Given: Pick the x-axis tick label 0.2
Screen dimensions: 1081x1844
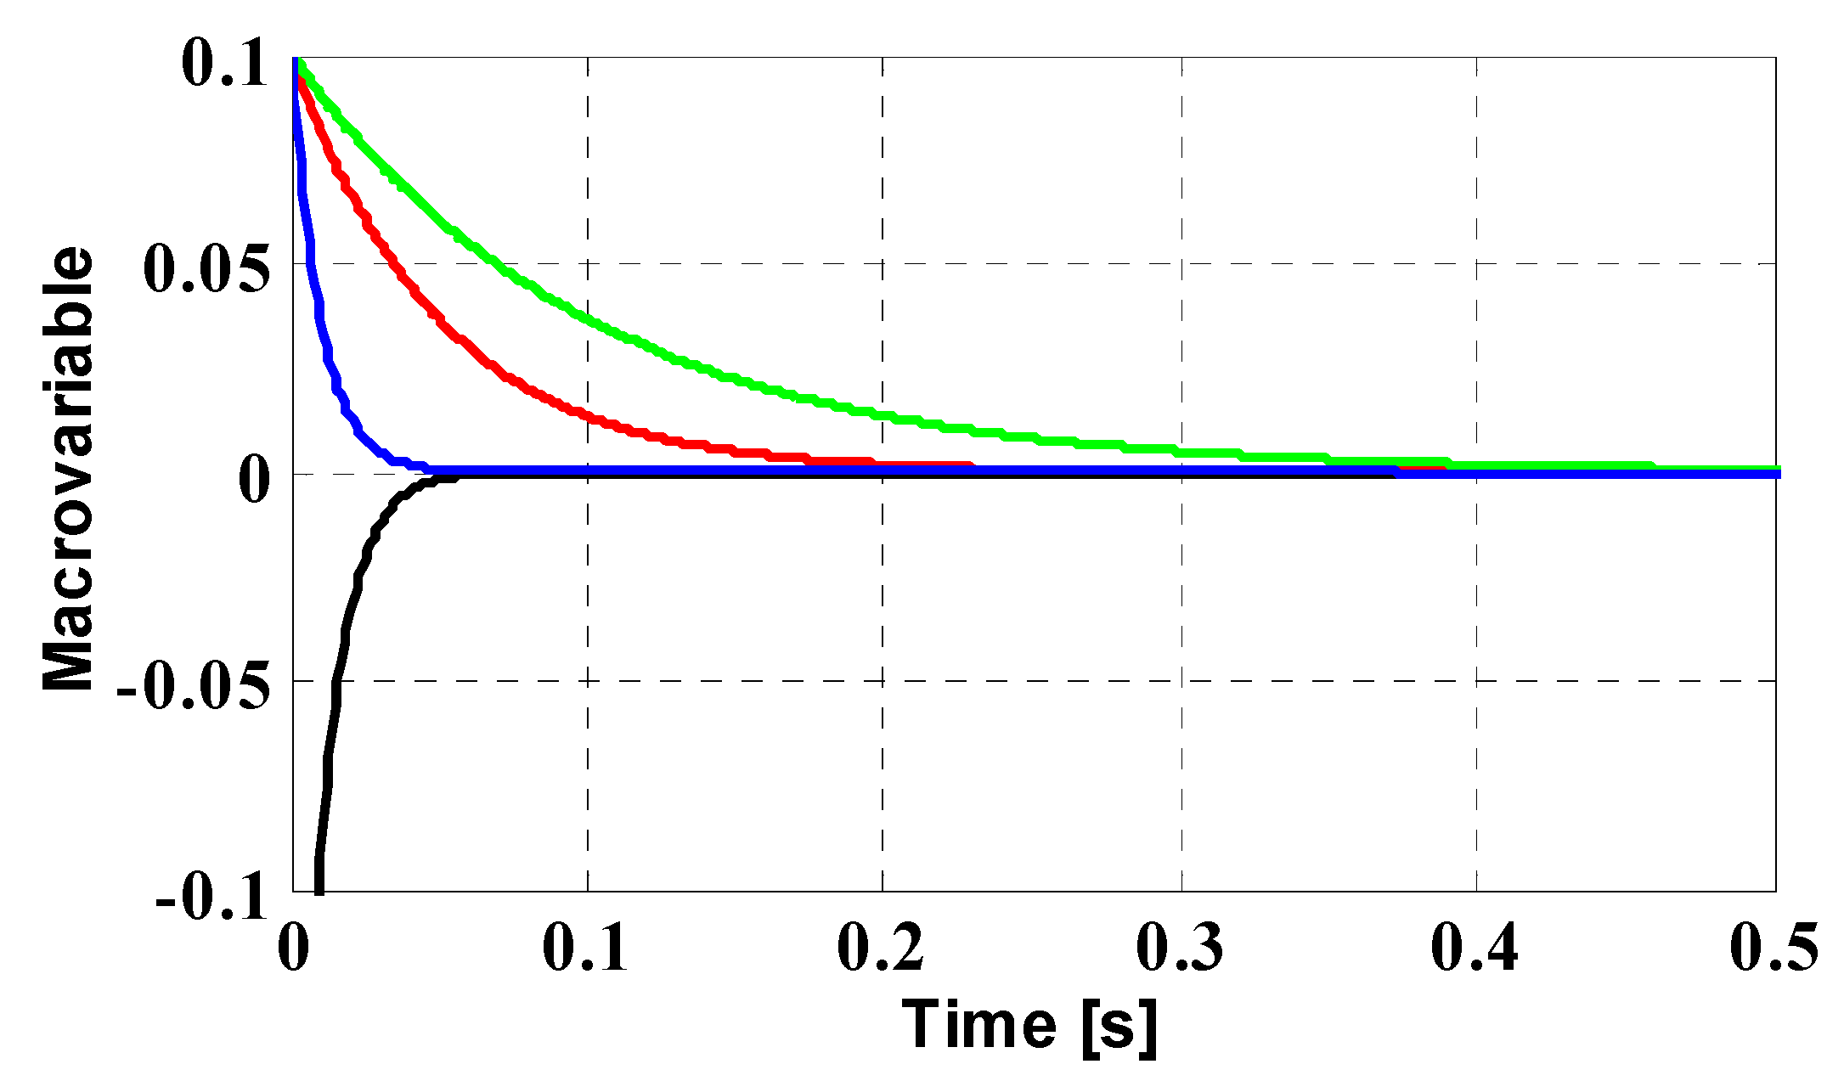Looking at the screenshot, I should tap(881, 948).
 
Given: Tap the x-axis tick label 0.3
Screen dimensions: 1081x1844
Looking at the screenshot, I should tap(1180, 948).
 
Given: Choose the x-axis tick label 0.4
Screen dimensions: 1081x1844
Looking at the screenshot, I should tap(1475, 948).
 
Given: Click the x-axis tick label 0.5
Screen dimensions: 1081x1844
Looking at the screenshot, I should tap(1774, 948).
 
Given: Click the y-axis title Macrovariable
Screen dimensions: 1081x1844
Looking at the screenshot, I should tap(68, 470).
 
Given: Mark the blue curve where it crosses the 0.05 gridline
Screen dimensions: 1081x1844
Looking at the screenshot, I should tap(313, 263).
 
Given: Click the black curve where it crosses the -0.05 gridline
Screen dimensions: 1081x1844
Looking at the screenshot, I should tap(336, 681).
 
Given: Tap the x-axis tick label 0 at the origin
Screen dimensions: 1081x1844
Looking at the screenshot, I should tap(293, 948).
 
